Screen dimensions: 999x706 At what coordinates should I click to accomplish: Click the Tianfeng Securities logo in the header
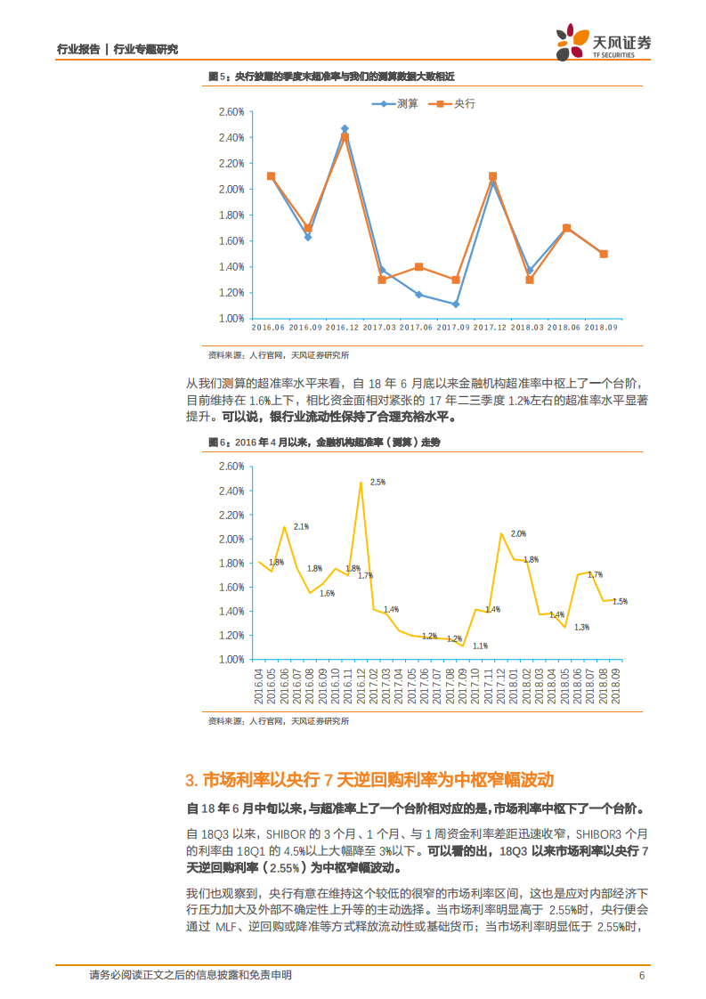pyautogui.click(x=603, y=42)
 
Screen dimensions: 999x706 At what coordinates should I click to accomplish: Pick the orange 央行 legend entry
pyautogui.click(x=452, y=104)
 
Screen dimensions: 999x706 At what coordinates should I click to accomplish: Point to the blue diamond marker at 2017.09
pyautogui.click(x=455, y=305)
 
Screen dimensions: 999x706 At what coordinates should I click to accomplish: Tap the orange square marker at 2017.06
pyautogui.click(x=418, y=267)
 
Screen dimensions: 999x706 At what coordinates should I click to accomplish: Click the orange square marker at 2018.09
pyautogui.click(x=604, y=254)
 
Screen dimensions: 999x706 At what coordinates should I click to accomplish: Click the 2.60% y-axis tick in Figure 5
pyautogui.click(x=231, y=112)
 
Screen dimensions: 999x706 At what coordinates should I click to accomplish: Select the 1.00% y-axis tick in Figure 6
pyautogui.click(x=231, y=660)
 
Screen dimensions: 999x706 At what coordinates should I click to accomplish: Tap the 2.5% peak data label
pyautogui.click(x=377, y=482)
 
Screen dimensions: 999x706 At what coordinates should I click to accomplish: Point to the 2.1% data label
pyautogui.click(x=301, y=526)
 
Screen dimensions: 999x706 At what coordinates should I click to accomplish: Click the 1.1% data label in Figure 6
pyautogui.click(x=480, y=646)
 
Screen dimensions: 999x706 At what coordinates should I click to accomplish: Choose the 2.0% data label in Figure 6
pyautogui.click(x=518, y=533)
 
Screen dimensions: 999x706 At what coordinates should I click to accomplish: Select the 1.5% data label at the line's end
pyautogui.click(x=620, y=601)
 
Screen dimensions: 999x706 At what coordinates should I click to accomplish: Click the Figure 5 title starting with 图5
pyautogui.click(x=331, y=77)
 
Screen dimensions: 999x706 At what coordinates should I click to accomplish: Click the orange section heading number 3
pyautogui.click(x=191, y=780)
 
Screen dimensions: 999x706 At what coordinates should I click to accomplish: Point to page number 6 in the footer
pyautogui.click(x=641, y=975)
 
